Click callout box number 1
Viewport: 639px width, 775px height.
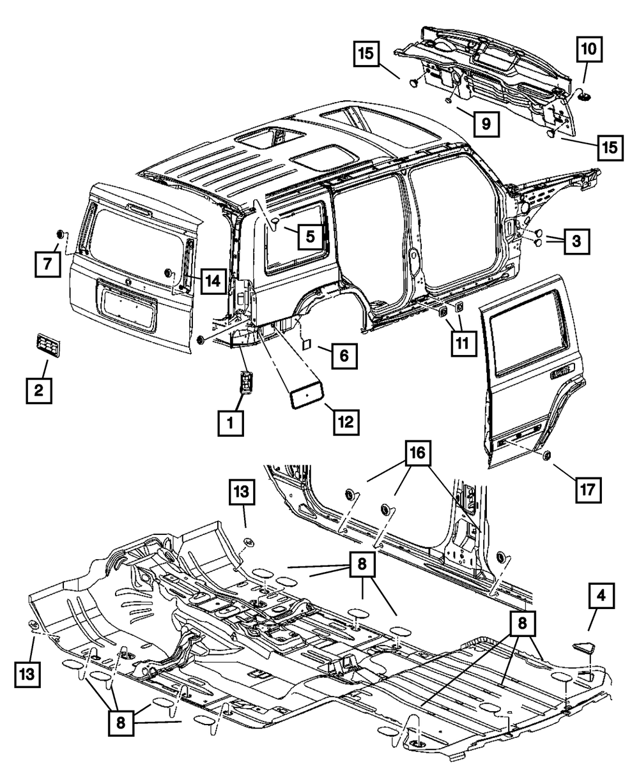(230, 423)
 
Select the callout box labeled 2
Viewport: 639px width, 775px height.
(38, 391)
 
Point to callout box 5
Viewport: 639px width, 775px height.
(309, 236)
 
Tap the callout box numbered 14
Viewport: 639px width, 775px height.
(213, 281)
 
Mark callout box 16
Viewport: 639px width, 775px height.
(418, 456)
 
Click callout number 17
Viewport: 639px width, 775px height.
(588, 490)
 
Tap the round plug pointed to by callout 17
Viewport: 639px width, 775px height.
(548, 456)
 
